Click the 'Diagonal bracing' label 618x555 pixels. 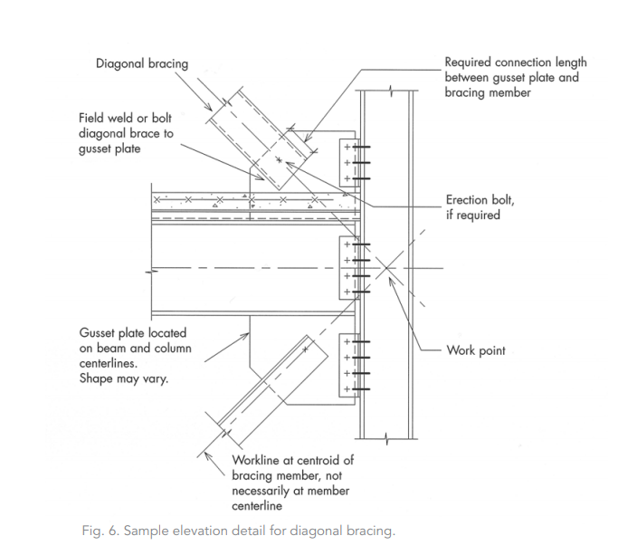(142, 63)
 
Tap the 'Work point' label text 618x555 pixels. (476, 350)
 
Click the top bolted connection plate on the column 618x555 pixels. (347, 163)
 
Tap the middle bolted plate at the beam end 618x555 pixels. (347, 268)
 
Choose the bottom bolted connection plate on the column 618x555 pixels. (347, 365)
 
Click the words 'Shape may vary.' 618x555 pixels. (123, 378)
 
